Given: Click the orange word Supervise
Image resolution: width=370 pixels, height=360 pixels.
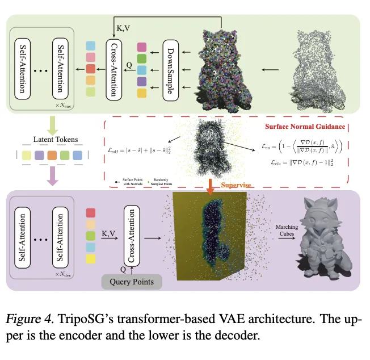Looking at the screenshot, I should [236, 185].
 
